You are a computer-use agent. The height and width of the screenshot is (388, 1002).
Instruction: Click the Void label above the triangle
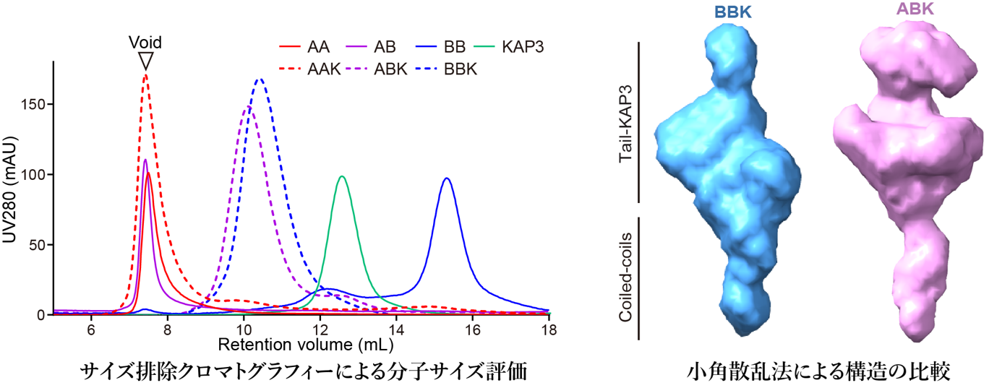coord(145,41)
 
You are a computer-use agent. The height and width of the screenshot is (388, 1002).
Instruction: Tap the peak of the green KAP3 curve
coord(342,176)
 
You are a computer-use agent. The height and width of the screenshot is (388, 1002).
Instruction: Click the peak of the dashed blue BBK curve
coord(260,79)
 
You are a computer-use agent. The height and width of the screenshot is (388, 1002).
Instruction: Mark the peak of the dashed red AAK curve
coord(146,75)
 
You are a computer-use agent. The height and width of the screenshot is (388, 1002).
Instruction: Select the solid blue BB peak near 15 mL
coord(447,178)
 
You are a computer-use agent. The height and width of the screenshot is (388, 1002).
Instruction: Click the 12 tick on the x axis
coord(320,329)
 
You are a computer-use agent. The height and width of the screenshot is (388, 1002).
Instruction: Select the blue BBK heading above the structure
coord(732,12)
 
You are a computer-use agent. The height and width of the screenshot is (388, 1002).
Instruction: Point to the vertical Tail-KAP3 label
coord(628,122)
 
